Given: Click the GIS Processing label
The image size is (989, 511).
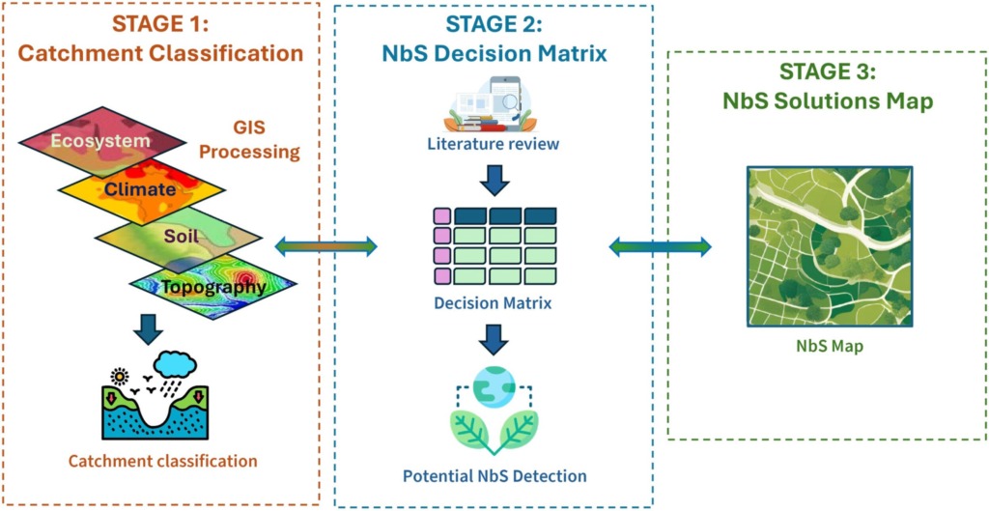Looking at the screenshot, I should [x=258, y=139].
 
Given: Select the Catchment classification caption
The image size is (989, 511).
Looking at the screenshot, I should [x=162, y=461].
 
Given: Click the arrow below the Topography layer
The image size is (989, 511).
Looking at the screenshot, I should [x=148, y=327].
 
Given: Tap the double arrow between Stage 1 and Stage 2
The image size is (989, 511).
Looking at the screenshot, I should [x=325, y=247].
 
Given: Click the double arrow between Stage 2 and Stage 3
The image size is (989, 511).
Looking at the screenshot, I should [x=660, y=247].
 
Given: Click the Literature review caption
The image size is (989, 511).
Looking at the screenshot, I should [x=493, y=145].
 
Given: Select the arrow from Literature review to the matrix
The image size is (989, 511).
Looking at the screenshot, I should [x=494, y=179].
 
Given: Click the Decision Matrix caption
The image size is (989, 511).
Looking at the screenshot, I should [x=494, y=303].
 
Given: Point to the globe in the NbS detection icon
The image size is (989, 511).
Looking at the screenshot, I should [x=494, y=386].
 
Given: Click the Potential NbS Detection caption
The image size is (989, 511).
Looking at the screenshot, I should [x=494, y=475].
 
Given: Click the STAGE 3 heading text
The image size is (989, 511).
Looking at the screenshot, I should [x=827, y=73].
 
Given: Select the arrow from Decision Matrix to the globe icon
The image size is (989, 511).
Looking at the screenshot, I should [x=494, y=338].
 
